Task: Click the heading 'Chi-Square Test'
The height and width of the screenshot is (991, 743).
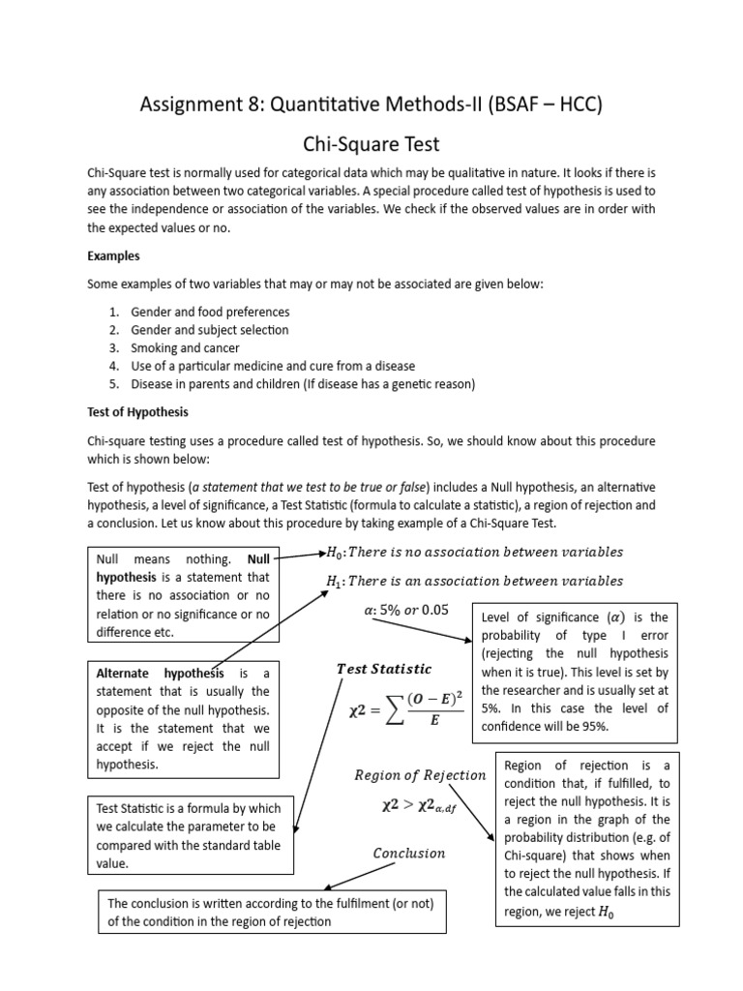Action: click(371, 144)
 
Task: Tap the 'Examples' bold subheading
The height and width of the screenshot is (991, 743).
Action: click(114, 256)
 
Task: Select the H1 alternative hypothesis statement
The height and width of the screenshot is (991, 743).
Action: click(475, 581)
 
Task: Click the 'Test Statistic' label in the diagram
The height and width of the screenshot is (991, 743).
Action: click(383, 669)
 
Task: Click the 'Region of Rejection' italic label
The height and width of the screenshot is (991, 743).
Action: click(420, 774)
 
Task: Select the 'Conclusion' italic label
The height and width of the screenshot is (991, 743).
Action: click(409, 853)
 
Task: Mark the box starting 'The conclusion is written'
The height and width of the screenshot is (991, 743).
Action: click(273, 912)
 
